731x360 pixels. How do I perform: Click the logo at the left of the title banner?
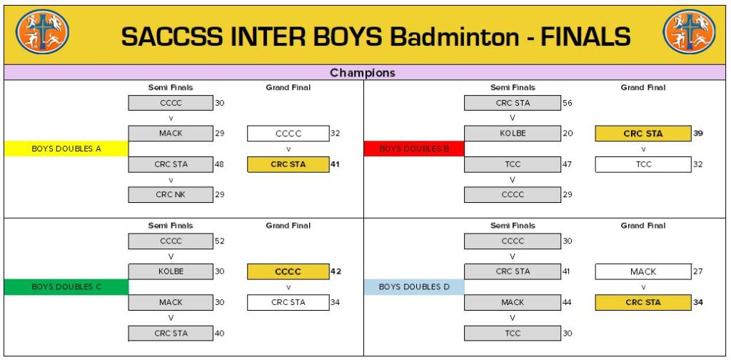click(43, 32)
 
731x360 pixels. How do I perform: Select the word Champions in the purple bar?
click(362, 73)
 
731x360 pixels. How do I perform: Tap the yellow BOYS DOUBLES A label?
click(66, 149)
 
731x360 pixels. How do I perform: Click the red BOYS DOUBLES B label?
click(414, 149)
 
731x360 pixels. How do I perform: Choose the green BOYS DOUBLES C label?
click(66, 286)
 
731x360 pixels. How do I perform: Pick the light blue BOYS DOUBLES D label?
click(414, 286)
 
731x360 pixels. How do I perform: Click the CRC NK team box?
click(171, 194)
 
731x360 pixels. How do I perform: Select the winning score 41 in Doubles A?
click(335, 164)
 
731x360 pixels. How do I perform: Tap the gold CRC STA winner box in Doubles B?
click(642, 134)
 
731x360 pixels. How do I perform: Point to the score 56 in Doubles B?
click(567, 103)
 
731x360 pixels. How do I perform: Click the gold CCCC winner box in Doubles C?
click(288, 271)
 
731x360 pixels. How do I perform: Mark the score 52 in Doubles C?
click(219, 241)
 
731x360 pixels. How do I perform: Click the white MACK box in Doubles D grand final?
click(642, 271)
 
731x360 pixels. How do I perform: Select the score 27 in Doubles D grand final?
click(697, 271)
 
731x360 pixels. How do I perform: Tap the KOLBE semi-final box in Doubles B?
click(512, 134)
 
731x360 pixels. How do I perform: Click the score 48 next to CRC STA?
click(219, 164)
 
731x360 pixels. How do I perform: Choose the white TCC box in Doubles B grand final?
click(642, 164)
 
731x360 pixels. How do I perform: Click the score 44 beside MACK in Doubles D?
click(567, 302)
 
